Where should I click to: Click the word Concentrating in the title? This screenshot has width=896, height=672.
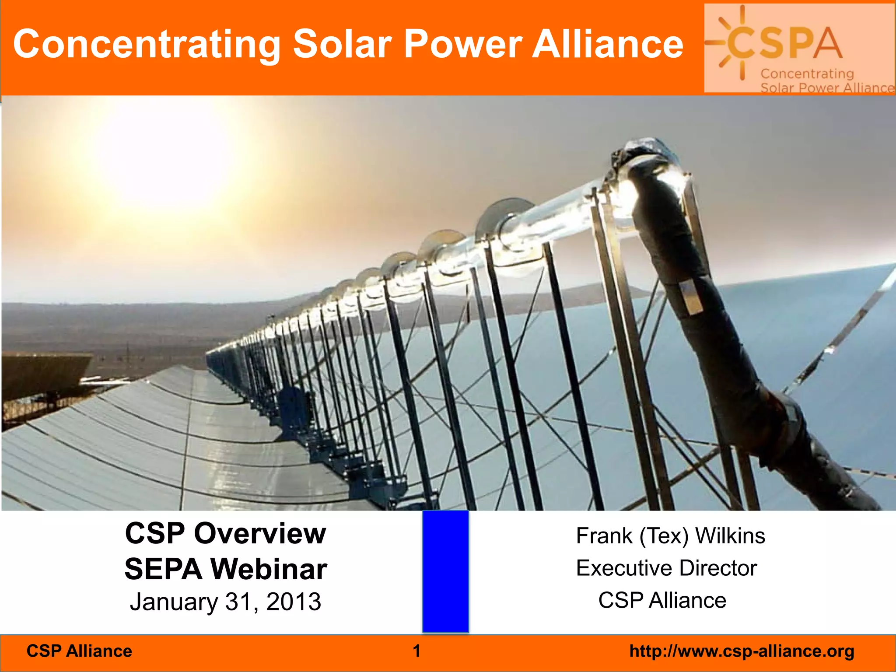pos(147,45)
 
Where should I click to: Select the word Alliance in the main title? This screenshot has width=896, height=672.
pos(607,44)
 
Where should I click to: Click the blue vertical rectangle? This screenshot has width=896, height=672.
pos(445,571)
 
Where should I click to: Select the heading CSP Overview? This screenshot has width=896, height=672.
pos(225,534)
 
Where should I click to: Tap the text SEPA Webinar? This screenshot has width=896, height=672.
pos(225,569)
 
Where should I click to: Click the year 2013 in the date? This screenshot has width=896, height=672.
pos(294,602)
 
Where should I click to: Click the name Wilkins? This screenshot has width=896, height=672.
pos(730,536)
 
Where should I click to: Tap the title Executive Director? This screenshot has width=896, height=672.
pos(666,568)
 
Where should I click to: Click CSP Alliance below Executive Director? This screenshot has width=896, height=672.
pos(662,600)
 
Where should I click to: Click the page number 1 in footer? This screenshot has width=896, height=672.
pos(416,651)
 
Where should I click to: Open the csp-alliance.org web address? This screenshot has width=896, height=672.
pos(742,651)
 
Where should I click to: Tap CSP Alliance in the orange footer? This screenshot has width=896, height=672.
pos(79,651)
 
